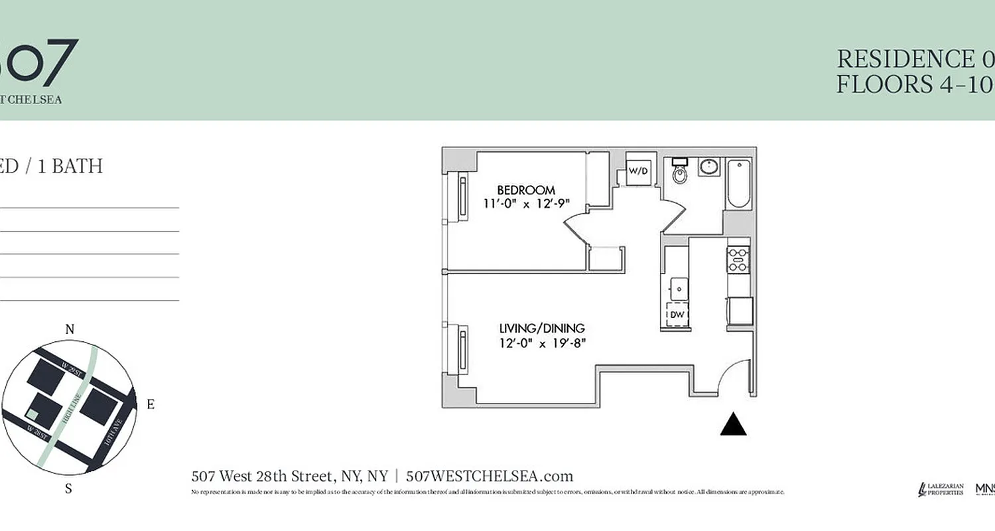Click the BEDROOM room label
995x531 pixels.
pyautogui.click(x=525, y=190)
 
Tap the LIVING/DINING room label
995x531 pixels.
pyautogui.click(x=542, y=328)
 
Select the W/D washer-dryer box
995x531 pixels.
pyautogui.click(x=638, y=171)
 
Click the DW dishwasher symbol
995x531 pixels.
pyautogui.click(x=677, y=315)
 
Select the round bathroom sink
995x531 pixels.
pyautogui.click(x=709, y=166)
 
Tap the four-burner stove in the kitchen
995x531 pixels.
pyautogui.click(x=738, y=260)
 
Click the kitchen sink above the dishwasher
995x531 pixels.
pyautogui.click(x=679, y=288)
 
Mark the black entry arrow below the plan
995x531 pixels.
pyautogui.click(x=733, y=425)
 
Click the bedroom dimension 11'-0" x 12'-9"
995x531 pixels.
pyautogui.click(x=527, y=204)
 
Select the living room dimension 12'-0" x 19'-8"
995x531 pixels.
pyautogui.click(x=543, y=342)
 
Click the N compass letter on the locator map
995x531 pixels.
pyautogui.click(x=69, y=330)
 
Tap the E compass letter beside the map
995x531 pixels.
pyautogui.click(x=150, y=404)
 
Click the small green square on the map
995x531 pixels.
pyautogui.click(x=31, y=414)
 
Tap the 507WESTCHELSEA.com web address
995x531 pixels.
pyautogui.click(x=489, y=476)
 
